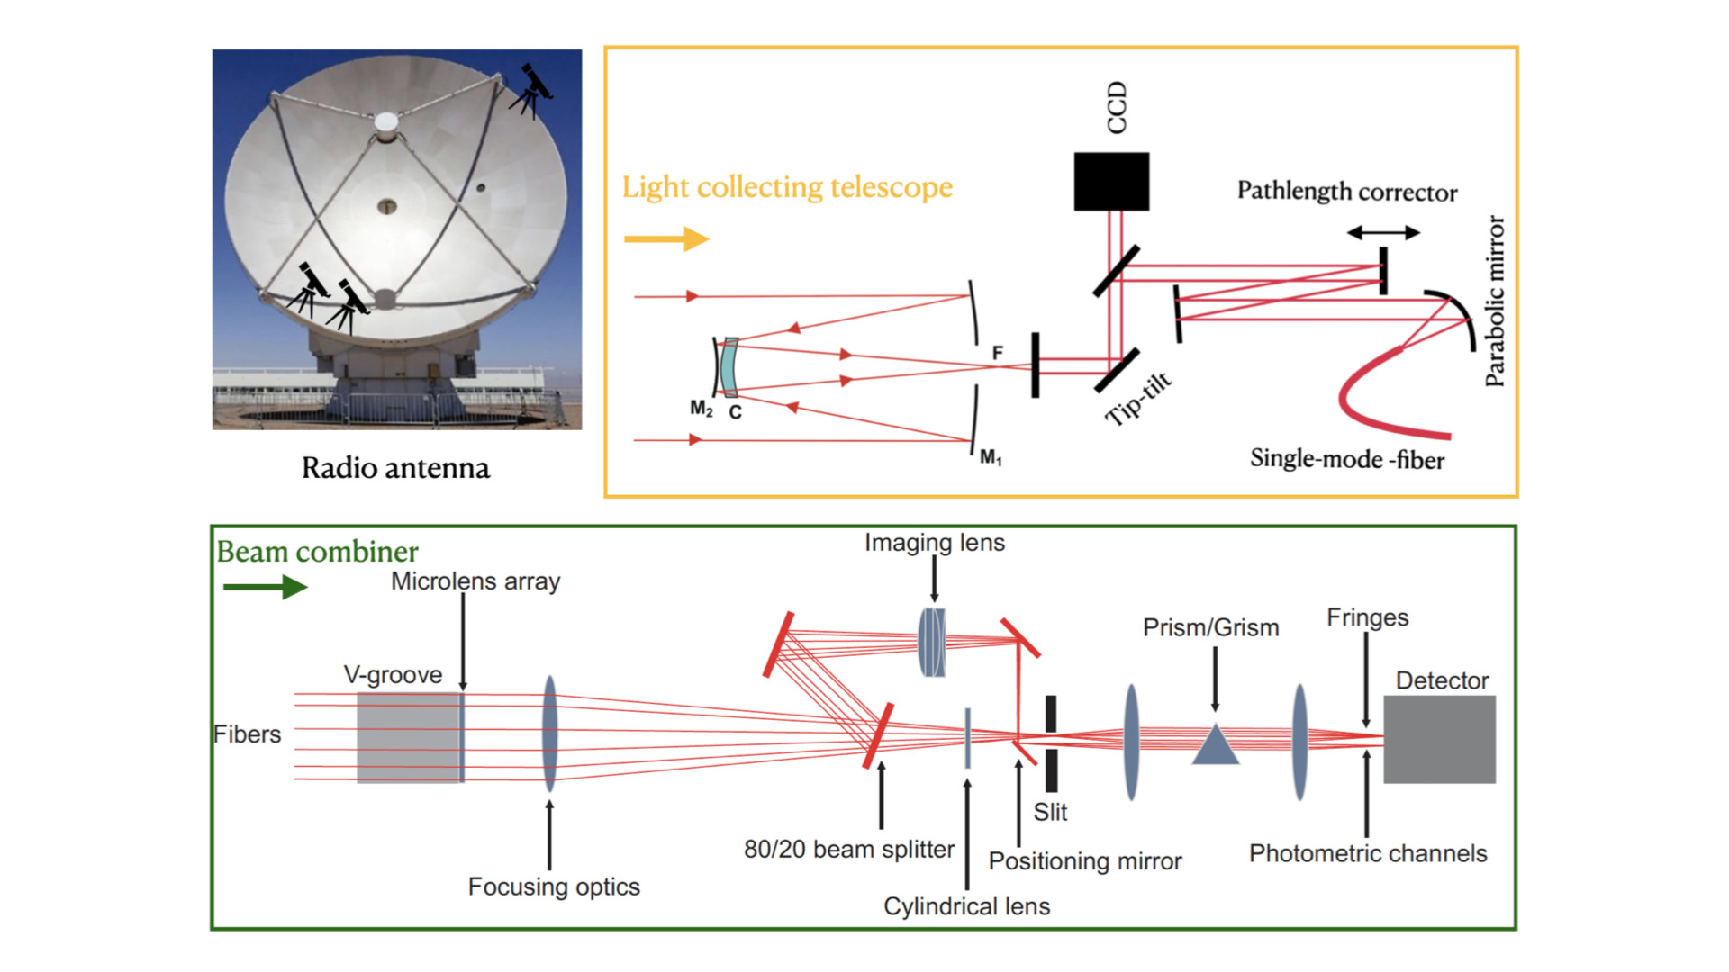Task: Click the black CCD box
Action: (x=1111, y=181)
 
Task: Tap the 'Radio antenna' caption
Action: (x=396, y=468)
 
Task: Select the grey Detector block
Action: (x=1439, y=739)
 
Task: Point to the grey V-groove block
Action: (x=410, y=737)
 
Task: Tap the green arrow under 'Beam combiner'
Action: (x=265, y=587)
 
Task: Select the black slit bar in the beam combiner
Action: (x=1051, y=743)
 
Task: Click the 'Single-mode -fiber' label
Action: (x=1347, y=459)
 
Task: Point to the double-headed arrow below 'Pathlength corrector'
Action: (x=1383, y=232)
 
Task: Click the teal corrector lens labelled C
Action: (x=729, y=367)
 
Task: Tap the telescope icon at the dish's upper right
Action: (x=531, y=91)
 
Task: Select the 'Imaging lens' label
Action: (x=935, y=543)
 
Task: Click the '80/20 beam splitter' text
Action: (x=849, y=849)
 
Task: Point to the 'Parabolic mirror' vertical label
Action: (x=1495, y=301)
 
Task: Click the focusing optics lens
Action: (x=549, y=734)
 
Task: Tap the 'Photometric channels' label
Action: (x=1368, y=853)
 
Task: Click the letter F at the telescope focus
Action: (x=998, y=353)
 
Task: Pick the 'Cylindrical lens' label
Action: (x=966, y=906)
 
